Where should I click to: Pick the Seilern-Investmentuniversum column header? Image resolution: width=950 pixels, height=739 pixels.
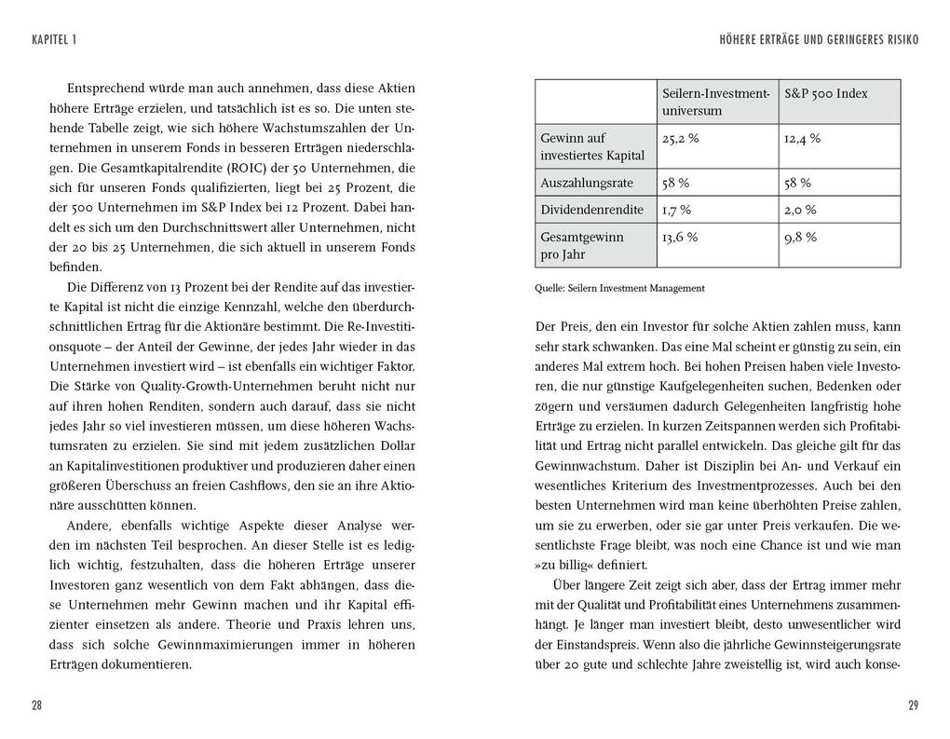tap(715, 102)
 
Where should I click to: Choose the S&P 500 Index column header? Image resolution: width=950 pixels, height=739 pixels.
tap(825, 94)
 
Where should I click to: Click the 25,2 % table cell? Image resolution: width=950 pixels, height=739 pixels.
tap(680, 138)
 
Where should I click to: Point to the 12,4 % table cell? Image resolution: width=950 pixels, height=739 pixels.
tap(802, 138)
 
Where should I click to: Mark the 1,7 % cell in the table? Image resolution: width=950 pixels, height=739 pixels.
tap(676, 210)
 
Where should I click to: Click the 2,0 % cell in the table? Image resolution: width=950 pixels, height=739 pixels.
tap(800, 210)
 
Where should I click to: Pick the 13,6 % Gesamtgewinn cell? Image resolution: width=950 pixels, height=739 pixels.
tap(680, 237)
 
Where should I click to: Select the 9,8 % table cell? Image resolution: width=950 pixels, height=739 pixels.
tap(800, 237)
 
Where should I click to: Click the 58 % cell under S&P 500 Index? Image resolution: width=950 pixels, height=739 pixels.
tap(797, 183)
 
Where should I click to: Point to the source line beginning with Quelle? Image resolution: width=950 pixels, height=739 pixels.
tap(619, 289)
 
